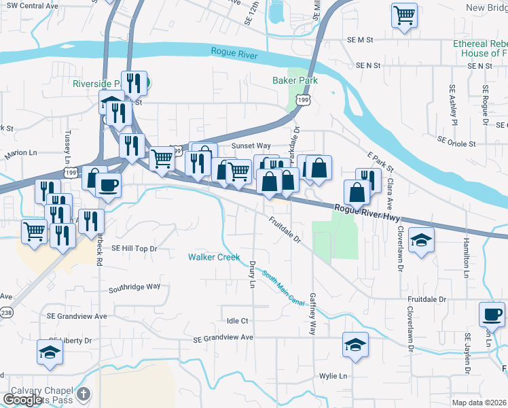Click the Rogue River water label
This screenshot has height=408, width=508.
pos(234,52)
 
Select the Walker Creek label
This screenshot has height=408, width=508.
pos(214,257)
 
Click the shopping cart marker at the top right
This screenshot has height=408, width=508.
pos(405,14)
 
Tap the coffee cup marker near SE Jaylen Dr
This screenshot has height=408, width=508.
pos(492,314)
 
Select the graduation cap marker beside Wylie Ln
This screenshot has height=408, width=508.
pos(355,345)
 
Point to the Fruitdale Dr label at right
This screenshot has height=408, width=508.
pos(427,299)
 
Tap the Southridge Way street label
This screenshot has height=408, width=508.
pos(134,288)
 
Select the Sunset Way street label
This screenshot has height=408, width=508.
pos(251,146)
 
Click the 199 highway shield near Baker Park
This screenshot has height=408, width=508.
pos(304,100)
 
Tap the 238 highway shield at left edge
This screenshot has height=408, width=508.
pos(6,312)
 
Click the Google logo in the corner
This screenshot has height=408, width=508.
pos(22,399)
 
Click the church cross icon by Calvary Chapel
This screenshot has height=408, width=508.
pos(83,394)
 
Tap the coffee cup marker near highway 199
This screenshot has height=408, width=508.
pos(109,184)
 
